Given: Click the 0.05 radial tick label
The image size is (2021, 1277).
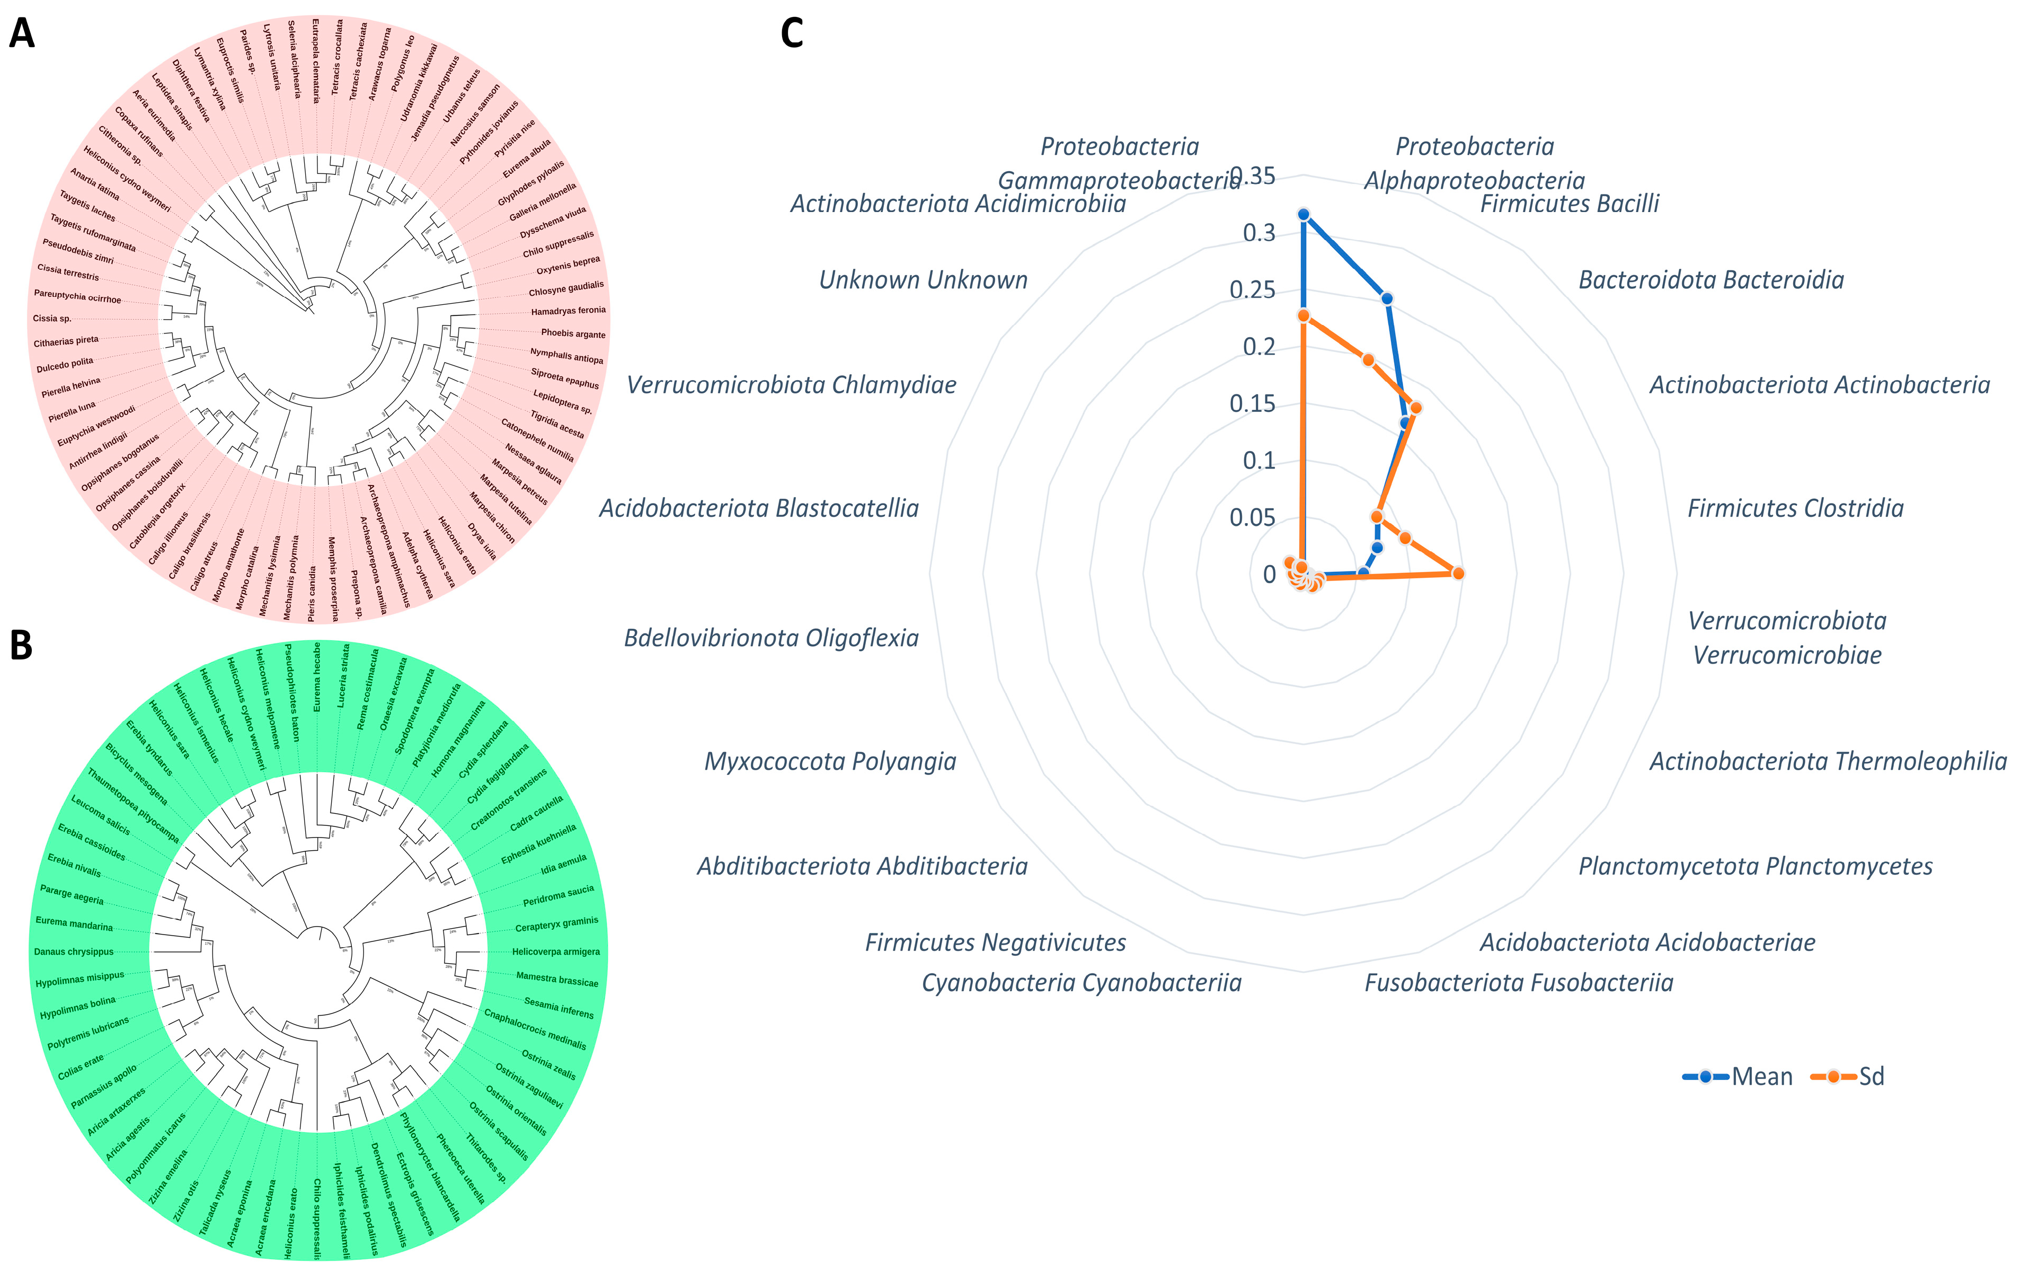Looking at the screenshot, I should coord(1252,518).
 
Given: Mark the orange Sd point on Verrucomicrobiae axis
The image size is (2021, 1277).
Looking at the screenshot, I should coord(1459,574).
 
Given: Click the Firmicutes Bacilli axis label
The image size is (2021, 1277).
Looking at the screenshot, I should coord(1570,204).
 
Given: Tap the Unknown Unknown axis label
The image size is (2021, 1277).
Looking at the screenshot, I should coord(923,280).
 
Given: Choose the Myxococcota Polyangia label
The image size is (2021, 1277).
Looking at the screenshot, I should coord(830,762).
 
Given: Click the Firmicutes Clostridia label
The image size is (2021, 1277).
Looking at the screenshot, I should coord(1795,509).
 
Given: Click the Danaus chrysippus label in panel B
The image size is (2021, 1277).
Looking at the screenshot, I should coord(73,952).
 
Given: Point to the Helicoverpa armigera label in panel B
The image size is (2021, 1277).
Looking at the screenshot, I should coord(556,952).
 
